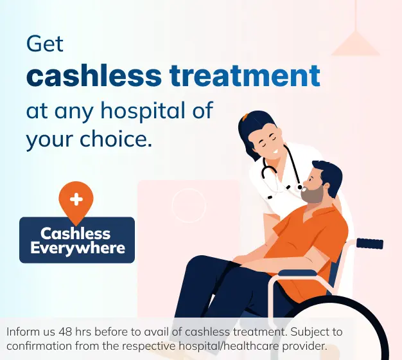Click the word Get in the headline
click(x=45, y=44)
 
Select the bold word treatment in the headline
click(x=245, y=76)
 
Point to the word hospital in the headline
click(x=148, y=110)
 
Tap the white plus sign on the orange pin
click(x=76, y=199)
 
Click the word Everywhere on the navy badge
click(x=76, y=248)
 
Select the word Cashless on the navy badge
click(x=76, y=233)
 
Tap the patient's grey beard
click(x=313, y=194)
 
